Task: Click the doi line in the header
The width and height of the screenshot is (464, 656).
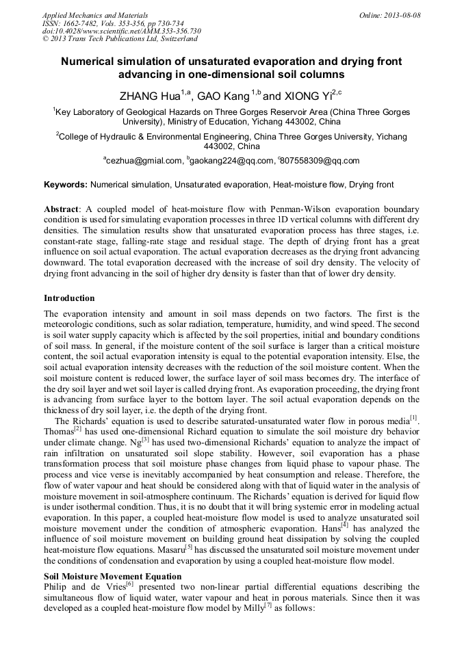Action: coord(121,31)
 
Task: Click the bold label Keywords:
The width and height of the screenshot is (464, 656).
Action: coord(66,185)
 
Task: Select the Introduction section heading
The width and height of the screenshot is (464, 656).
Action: coord(69,298)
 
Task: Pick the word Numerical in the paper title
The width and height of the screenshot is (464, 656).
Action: coord(90,62)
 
